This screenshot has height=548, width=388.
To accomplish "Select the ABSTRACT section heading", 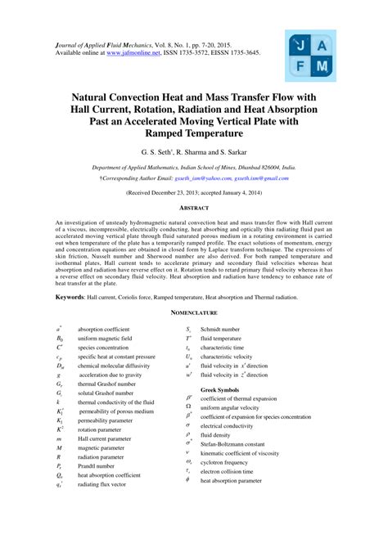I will click(193, 209).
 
